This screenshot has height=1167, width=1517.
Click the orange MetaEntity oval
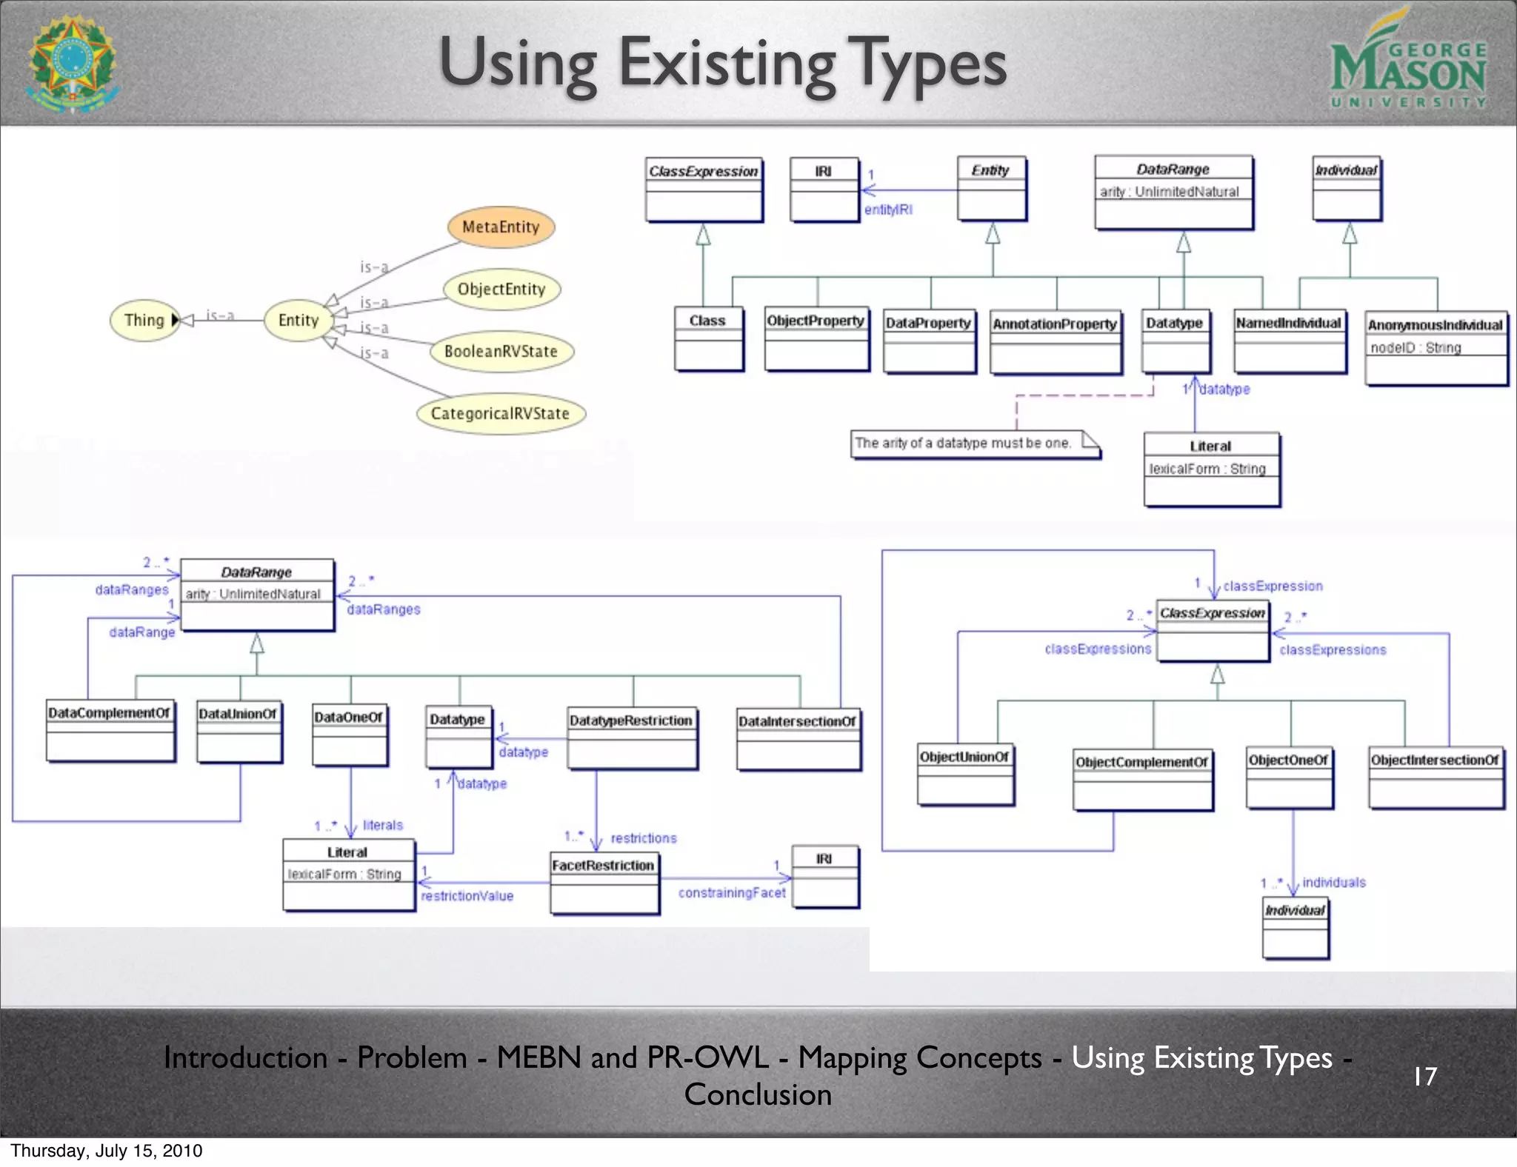point(501,227)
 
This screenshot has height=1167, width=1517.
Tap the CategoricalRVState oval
point(500,413)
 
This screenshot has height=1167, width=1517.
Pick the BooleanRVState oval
point(501,351)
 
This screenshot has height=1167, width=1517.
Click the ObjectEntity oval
point(501,289)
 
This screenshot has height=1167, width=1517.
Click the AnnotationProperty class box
point(1056,342)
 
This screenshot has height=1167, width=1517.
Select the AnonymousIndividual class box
point(1436,347)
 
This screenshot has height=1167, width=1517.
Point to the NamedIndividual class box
point(1289,341)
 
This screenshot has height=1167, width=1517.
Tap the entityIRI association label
point(888,210)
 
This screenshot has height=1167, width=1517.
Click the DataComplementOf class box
point(110,730)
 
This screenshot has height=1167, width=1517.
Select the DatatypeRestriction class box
point(632,738)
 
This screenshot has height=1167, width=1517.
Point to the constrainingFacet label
point(732,893)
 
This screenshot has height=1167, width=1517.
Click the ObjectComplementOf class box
point(1142,779)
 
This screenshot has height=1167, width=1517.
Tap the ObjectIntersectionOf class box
point(1436,777)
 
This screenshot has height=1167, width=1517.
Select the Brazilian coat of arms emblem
point(72,64)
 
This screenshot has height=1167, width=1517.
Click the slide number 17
point(1424,1076)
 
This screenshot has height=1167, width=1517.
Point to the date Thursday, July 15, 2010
point(106,1151)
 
